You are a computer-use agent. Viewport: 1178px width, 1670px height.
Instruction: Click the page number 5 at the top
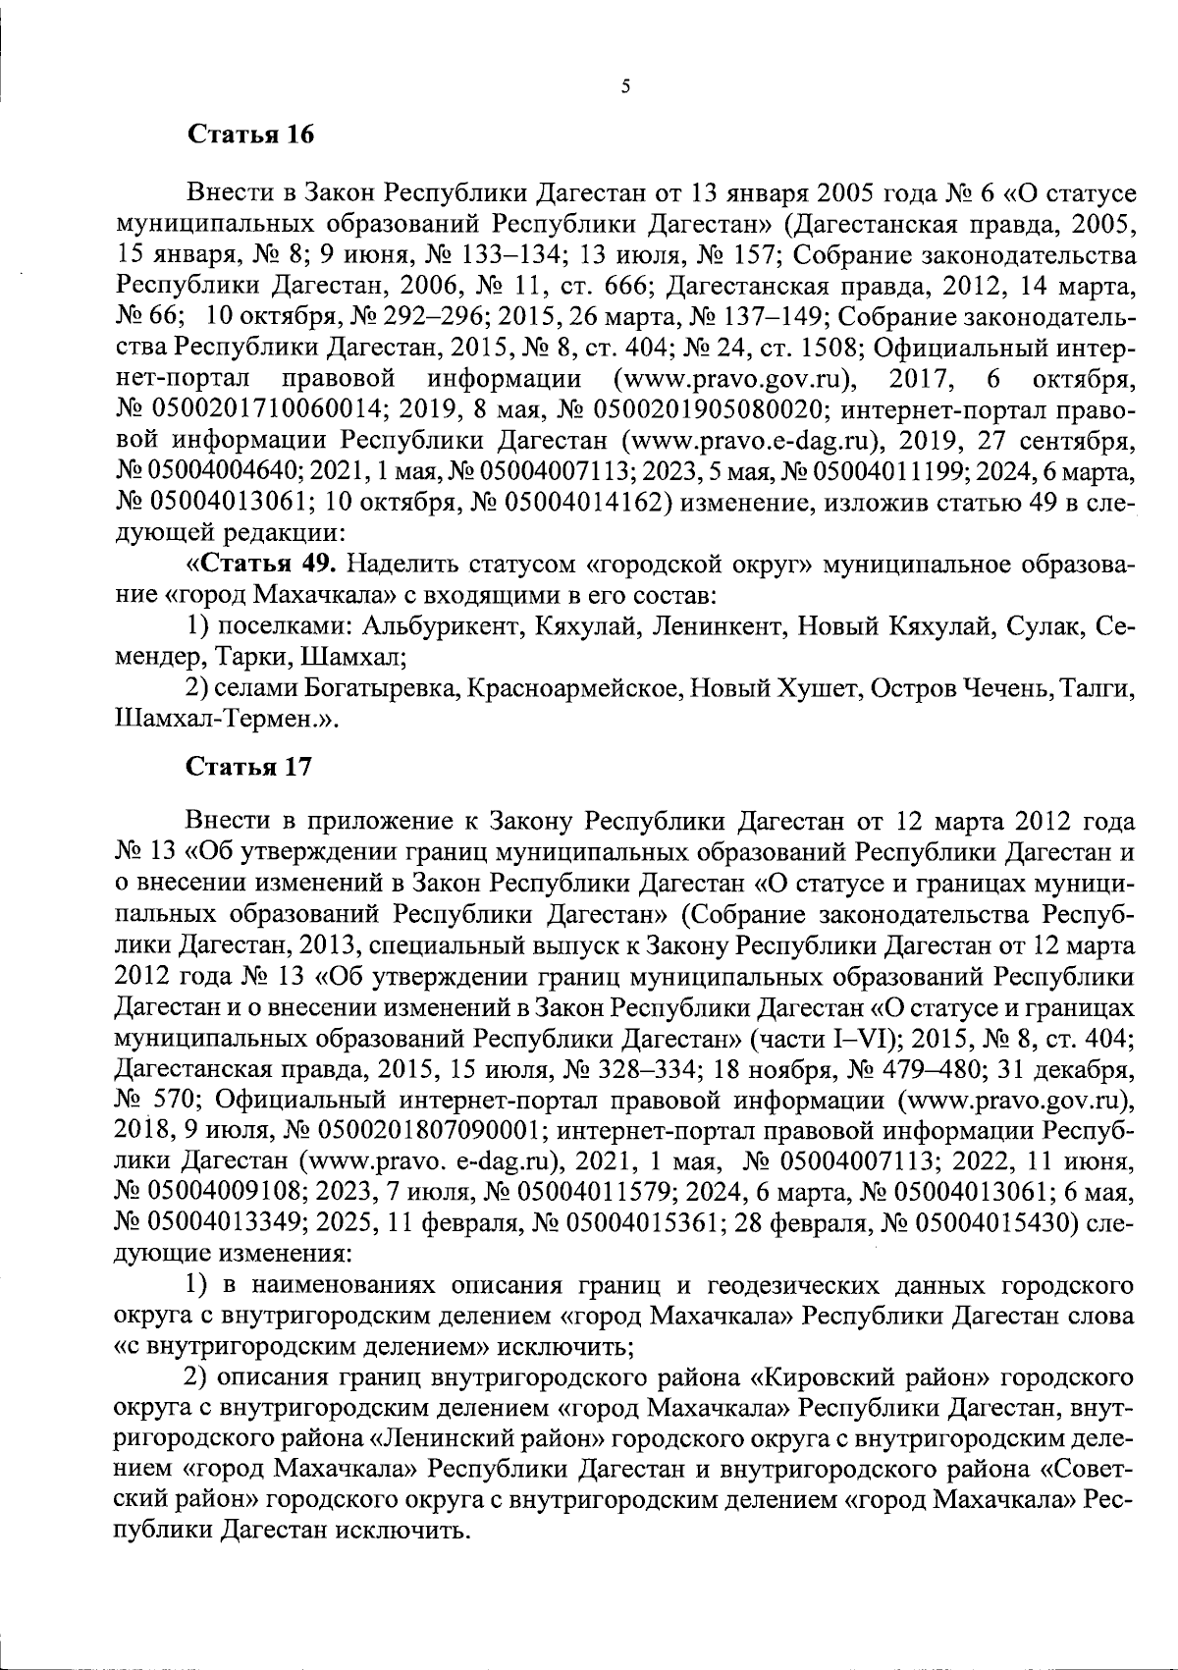625,86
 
